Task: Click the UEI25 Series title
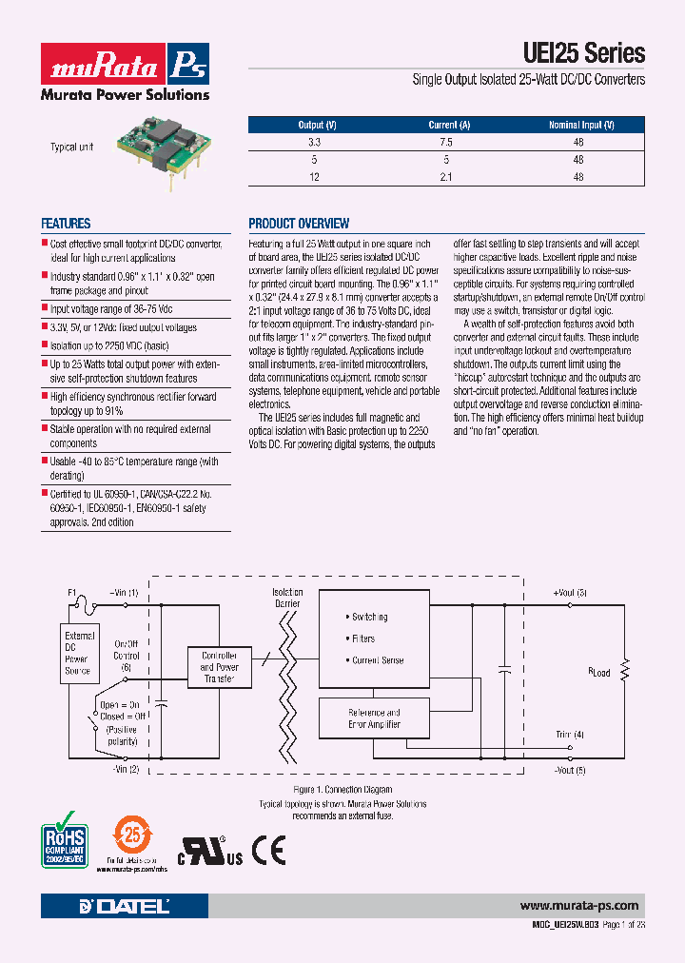[584, 53]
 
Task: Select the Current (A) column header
[449, 125]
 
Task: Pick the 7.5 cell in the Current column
[447, 142]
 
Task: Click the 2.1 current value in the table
[447, 178]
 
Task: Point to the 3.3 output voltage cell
[315, 142]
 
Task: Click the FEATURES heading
[66, 224]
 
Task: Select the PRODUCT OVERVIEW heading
[299, 224]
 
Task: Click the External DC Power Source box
[79, 654]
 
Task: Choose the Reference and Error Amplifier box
[374, 718]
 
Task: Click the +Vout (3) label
[570, 594]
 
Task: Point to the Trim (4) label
[570, 735]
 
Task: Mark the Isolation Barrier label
[287, 598]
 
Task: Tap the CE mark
[268, 849]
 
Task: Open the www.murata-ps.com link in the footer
[579, 906]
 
